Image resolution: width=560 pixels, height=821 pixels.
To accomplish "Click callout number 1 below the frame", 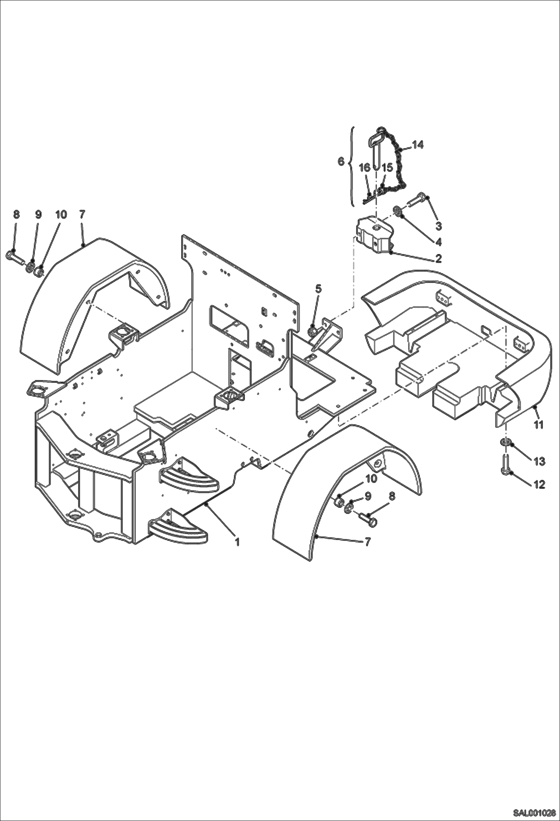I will click(237, 541).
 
